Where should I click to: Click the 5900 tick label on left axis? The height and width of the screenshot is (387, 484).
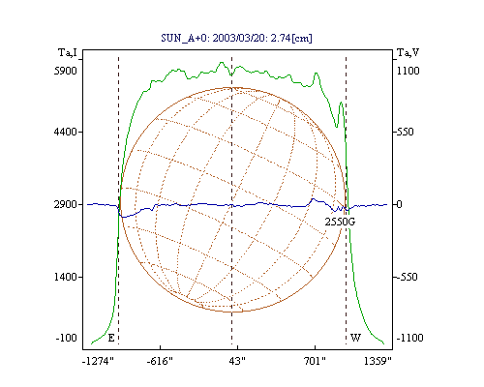(66, 71)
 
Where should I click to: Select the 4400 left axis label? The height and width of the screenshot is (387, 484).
(66, 132)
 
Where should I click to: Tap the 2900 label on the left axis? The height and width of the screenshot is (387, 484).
(66, 204)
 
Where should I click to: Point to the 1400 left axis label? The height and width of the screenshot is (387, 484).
(66, 277)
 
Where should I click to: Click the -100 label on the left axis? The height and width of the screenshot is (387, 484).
(66, 338)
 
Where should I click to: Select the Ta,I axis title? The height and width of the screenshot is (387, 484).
(68, 52)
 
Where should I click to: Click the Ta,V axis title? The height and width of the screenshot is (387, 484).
(408, 52)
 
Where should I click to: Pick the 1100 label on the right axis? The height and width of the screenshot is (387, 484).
(408, 71)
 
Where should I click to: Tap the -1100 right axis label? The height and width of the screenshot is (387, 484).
(409, 338)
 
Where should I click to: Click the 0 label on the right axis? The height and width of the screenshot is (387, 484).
(399, 204)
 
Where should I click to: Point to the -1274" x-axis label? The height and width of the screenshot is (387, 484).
(98, 361)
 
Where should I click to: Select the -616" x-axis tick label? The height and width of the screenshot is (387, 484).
(160, 361)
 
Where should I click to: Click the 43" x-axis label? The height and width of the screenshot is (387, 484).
(237, 361)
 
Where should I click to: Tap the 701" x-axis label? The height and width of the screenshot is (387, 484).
(315, 361)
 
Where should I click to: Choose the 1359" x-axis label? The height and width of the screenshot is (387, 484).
(378, 361)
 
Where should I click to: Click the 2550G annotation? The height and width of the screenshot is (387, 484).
(340, 222)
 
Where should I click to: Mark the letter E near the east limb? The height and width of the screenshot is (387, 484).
(111, 338)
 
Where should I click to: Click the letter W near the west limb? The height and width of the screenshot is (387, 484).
(355, 338)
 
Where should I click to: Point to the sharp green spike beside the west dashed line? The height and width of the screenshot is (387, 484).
(341, 104)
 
